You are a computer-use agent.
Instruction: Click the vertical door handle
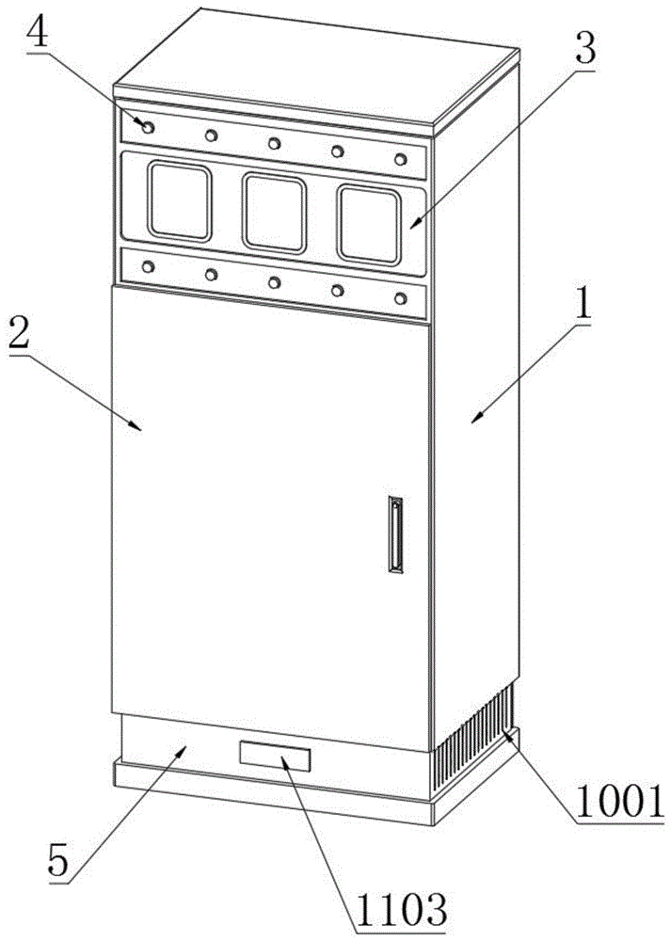click(x=395, y=534)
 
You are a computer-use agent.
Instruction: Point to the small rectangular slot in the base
click(x=274, y=756)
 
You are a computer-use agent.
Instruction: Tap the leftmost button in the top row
click(x=148, y=126)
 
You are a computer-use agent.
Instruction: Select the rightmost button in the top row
click(x=400, y=158)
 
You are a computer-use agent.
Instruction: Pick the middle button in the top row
click(x=274, y=143)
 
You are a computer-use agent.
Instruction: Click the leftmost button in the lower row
click(x=148, y=266)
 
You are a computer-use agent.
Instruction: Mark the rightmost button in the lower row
click(x=400, y=299)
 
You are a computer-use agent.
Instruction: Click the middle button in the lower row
click(x=274, y=282)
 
